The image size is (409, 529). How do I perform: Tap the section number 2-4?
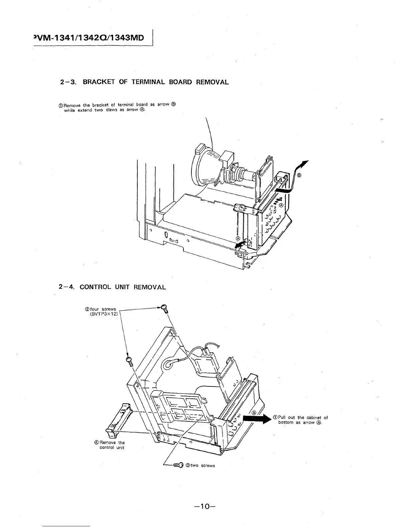65,287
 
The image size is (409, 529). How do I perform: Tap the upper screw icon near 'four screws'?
164,308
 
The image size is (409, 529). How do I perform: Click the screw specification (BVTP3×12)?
104,314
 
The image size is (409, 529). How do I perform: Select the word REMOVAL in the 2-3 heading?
212,82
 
